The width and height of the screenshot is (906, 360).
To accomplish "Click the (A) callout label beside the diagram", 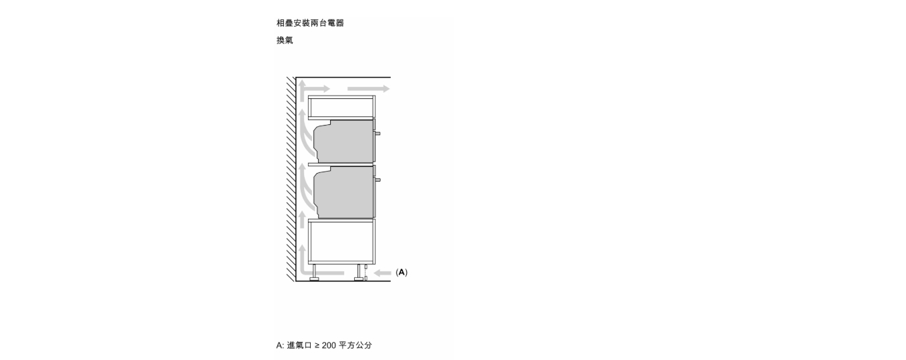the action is (402, 273).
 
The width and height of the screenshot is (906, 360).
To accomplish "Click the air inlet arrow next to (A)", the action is (382, 273).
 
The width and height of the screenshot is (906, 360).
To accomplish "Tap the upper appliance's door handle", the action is (377, 134).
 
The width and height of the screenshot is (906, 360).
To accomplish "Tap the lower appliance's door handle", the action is (377, 180).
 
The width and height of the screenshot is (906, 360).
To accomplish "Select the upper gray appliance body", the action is (344, 141).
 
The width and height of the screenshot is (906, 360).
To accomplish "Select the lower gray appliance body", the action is (344, 192).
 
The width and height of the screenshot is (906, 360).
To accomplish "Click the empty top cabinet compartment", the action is (342, 107).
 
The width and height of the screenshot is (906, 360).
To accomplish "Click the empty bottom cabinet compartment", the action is (342, 242).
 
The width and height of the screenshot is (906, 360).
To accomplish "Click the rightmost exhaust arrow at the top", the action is (368, 89).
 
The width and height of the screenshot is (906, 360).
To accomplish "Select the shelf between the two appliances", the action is (342, 164).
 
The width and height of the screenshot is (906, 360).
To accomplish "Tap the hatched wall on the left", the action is (291, 179).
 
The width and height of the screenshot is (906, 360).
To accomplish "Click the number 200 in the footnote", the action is (329, 345).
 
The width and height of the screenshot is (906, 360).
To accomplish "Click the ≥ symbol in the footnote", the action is (317, 345).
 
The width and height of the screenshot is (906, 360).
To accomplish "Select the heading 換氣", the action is (285, 40).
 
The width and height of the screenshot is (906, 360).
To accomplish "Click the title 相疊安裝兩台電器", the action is (310, 23).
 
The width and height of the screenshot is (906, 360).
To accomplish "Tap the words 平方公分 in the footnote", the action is (355, 345).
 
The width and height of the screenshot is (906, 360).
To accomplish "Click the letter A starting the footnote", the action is (279, 345).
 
